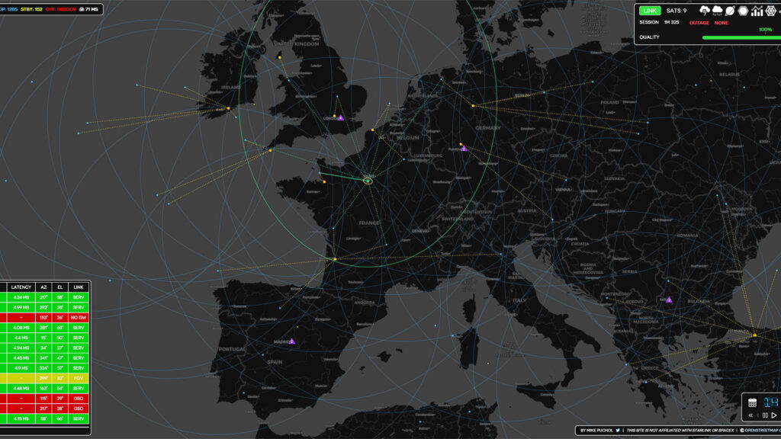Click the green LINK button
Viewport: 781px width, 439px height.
[x=650, y=11]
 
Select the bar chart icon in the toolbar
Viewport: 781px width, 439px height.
[x=757, y=11]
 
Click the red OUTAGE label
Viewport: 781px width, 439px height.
[x=699, y=23]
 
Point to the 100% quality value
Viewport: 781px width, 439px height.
[x=764, y=30]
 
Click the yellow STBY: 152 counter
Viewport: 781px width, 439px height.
[x=31, y=9]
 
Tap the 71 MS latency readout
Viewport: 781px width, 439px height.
[x=91, y=9]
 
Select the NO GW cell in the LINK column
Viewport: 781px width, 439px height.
[x=78, y=316]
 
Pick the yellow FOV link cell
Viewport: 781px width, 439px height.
[x=78, y=377]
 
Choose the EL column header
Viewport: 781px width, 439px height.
[x=59, y=287]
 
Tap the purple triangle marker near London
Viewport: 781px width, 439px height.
[x=341, y=118]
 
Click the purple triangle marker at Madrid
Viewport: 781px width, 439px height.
[x=291, y=341]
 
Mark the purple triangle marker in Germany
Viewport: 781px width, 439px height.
[x=464, y=149]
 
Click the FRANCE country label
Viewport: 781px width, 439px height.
[x=369, y=223]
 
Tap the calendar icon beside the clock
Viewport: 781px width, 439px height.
[x=752, y=402]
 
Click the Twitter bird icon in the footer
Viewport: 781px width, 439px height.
[x=619, y=431]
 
